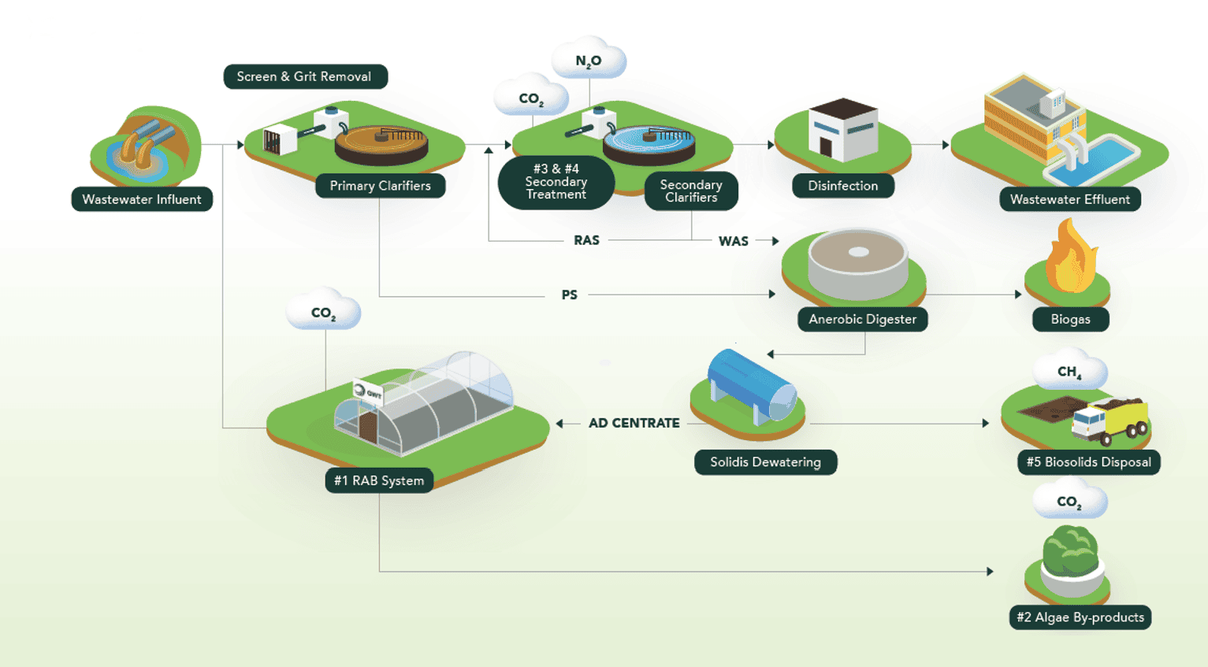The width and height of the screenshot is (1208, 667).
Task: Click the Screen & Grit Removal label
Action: click(305, 76)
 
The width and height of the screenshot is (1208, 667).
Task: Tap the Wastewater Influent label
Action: click(142, 199)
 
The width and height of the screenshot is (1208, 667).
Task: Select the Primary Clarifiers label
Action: click(380, 186)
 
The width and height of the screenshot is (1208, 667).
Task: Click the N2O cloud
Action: click(589, 60)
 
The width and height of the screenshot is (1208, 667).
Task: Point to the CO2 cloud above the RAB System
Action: click(323, 313)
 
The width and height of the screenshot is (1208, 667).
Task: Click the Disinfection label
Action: click(842, 186)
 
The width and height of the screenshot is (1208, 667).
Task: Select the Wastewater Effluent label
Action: click(1069, 199)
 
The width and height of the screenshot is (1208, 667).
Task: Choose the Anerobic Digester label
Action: click(862, 319)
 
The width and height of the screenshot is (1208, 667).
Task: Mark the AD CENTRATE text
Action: click(634, 423)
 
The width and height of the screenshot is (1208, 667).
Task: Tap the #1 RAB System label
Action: click(379, 480)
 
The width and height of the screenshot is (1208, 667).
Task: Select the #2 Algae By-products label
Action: click(1080, 617)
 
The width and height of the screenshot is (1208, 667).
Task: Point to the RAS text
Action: click(586, 240)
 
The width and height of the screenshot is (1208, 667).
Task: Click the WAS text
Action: click(733, 241)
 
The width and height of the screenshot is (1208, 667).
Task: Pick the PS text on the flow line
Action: click(569, 295)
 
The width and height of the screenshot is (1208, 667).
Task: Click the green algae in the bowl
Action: click(1069, 549)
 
